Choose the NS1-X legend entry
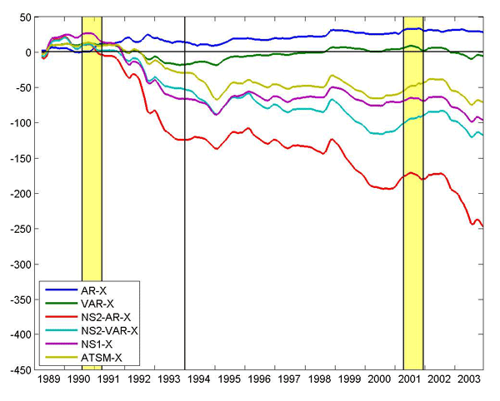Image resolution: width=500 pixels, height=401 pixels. pos(96,344)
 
